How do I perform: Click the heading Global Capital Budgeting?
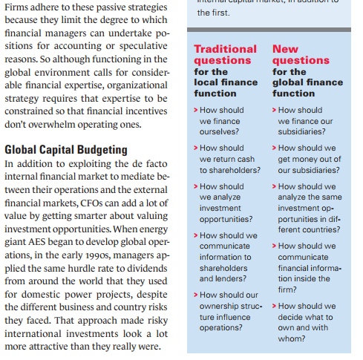[x=66, y=149]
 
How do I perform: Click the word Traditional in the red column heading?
[x=225, y=49]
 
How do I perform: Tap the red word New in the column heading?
[x=285, y=49]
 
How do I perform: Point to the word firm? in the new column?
[x=287, y=289]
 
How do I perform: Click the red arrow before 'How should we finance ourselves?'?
[x=195, y=110]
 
